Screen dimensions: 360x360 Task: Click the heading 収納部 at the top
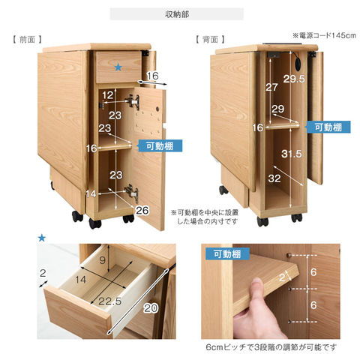click(x=177, y=14)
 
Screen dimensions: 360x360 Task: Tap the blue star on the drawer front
click(x=118, y=67)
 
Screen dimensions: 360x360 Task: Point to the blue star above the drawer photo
click(x=41, y=238)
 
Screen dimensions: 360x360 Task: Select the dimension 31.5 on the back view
click(x=292, y=154)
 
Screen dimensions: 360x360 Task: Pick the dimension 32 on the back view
click(x=274, y=179)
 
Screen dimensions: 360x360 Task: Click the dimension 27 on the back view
click(x=272, y=87)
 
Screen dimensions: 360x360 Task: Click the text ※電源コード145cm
click(x=323, y=35)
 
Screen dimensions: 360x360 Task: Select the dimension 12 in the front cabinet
click(x=109, y=94)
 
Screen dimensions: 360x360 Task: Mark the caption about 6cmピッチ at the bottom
click(x=271, y=347)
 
